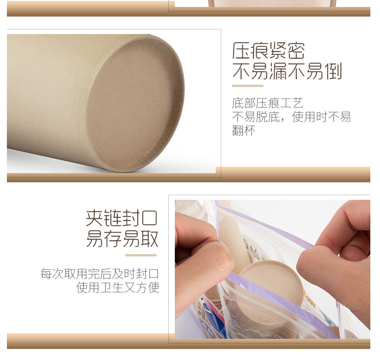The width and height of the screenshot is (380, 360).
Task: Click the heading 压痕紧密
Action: tap(269, 51)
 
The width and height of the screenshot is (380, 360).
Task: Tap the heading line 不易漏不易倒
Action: tap(287, 71)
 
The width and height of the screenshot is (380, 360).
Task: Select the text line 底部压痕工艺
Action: tap(268, 103)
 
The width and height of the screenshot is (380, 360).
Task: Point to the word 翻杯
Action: tap(243, 131)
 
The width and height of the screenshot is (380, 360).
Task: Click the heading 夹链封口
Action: tap(122, 218)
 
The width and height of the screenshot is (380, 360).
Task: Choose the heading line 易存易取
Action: tap(122, 239)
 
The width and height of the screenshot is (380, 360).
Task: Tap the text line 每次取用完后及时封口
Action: tap(100, 274)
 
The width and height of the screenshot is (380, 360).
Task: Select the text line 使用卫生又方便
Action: tap(117, 288)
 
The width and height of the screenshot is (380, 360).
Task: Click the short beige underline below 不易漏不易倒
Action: tap(248, 86)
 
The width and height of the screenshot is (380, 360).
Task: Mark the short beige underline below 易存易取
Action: tap(141, 255)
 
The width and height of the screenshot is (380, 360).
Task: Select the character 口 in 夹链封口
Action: tap(150, 218)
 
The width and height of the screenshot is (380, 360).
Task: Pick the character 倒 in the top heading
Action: tap(333, 71)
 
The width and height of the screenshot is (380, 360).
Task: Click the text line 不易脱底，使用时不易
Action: tap(291, 116)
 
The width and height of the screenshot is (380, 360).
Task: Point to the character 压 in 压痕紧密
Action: tap(241, 51)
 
